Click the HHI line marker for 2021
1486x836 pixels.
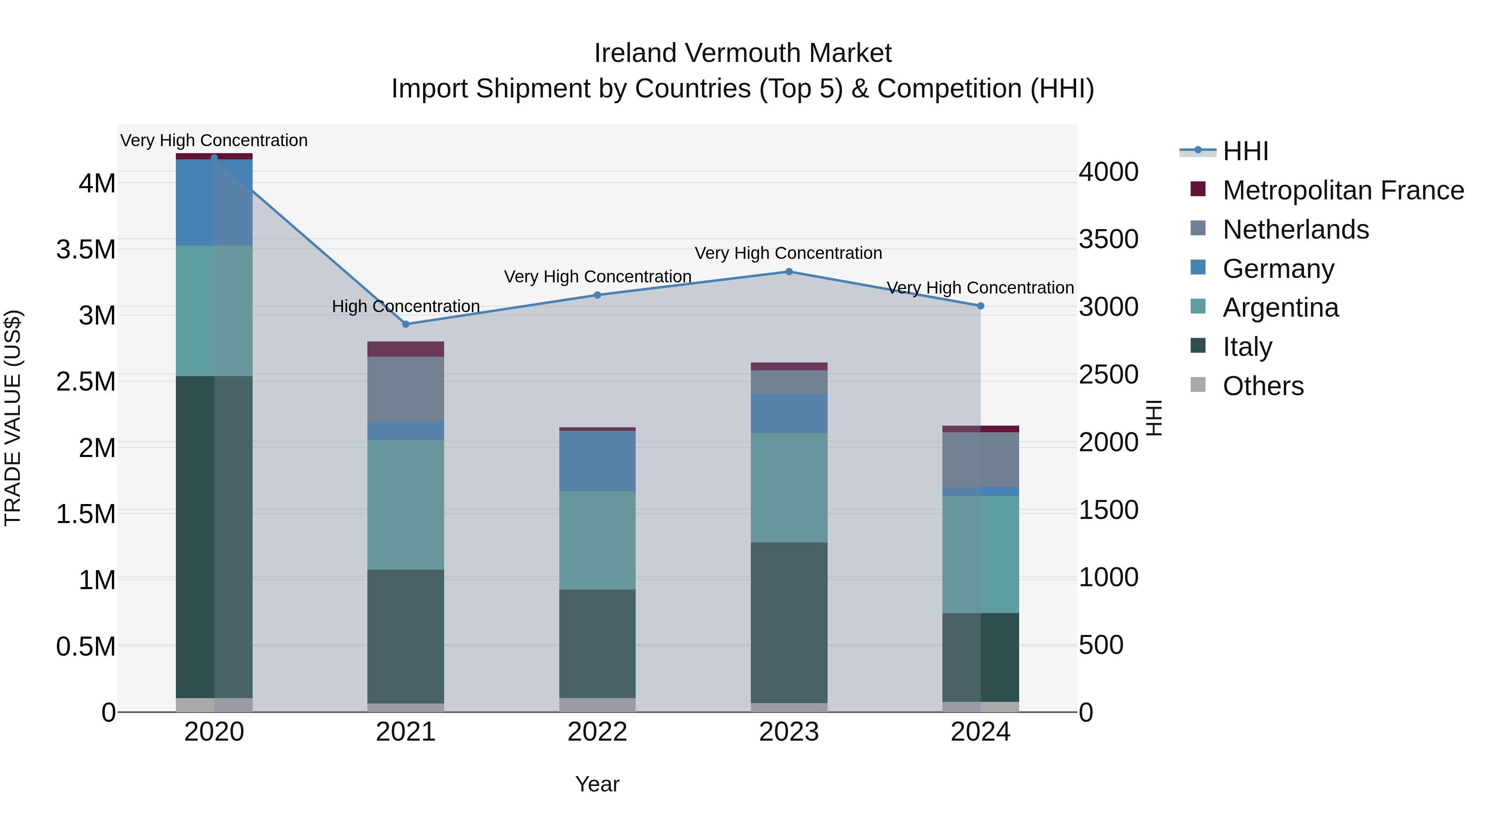pyautogui.click(x=405, y=324)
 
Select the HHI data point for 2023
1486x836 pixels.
pyautogui.click(x=788, y=272)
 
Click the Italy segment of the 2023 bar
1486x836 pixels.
pyautogui.click(x=788, y=623)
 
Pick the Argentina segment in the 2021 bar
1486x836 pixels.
pyautogui.click(x=405, y=505)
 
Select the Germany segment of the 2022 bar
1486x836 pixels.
pyautogui.click(x=597, y=462)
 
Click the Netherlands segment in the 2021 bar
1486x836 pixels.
pyautogui.click(x=405, y=389)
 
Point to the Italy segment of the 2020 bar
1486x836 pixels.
pyautogui.click(x=214, y=537)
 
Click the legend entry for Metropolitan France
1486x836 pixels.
pyautogui.click(x=1342, y=190)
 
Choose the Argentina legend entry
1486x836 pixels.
pyautogui.click(x=1280, y=308)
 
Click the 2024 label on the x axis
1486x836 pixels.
pyautogui.click(x=980, y=732)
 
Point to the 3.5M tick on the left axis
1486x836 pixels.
pyautogui.click(x=86, y=250)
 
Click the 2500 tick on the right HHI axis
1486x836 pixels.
pyautogui.click(x=1108, y=374)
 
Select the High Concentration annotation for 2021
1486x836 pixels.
pyautogui.click(x=405, y=306)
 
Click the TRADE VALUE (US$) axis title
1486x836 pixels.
pyautogui.click(x=13, y=418)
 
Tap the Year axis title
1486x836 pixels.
pyautogui.click(x=597, y=784)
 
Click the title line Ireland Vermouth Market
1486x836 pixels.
pyautogui.click(x=743, y=53)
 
